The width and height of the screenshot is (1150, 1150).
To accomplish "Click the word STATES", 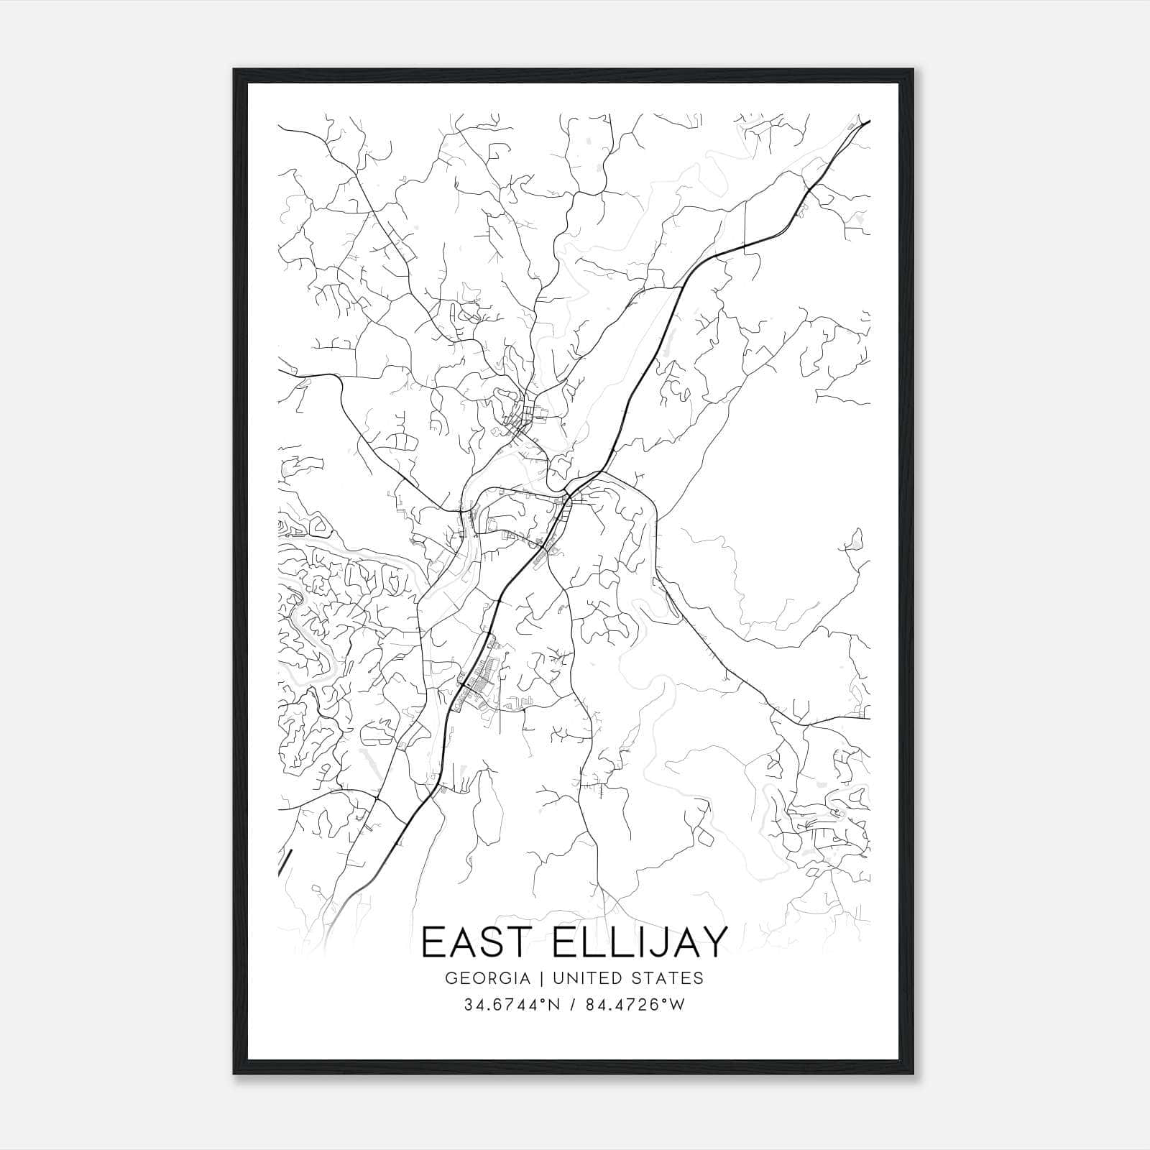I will click(668, 978).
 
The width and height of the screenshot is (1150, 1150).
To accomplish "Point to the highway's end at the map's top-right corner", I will click(869, 121).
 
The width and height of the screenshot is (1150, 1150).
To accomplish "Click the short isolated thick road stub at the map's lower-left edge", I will click(285, 862).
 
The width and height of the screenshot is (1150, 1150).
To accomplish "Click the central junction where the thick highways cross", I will click(568, 494).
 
